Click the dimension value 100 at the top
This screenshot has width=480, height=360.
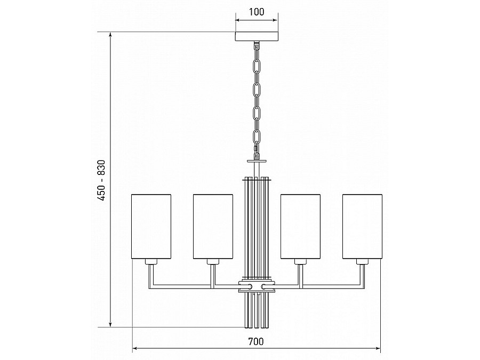click(x=257, y=12)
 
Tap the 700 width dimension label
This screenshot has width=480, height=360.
click(x=256, y=341)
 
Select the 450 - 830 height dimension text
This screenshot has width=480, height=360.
click(x=101, y=180)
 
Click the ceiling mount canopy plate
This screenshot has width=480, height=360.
click(x=257, y=36)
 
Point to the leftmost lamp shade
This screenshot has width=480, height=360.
click(x=151, y=227)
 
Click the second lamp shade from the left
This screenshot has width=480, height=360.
click(x=213, y=227)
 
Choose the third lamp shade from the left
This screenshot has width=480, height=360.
click(x=301, y=227)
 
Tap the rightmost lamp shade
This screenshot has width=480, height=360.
click(x=363, y=227)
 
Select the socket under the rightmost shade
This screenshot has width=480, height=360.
click(x=363, y=262)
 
